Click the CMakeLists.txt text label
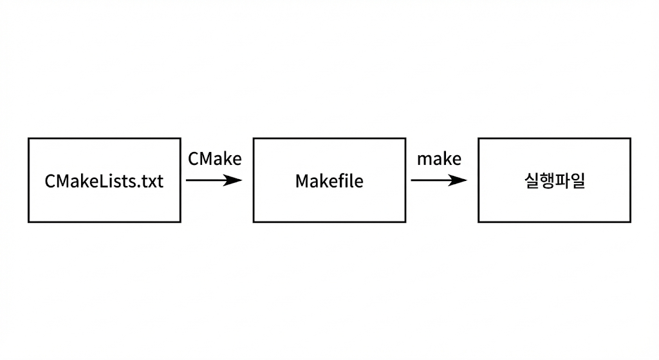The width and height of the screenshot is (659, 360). pyautogui.click(x=104, y=181)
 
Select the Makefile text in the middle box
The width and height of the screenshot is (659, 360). pyautogui.click(x=329, y=181)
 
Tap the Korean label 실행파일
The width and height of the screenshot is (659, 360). pyautogui.click(x=554, y=181)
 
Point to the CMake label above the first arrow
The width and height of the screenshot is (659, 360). pyautogui.click(x=215, y=159)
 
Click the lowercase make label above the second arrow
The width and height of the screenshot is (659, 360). pyautogui.click(x=439, y=159)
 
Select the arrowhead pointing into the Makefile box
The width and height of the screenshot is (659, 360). pyautogui.click(x=233, y=180)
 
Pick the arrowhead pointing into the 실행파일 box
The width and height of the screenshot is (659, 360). pyautogui.click(x=458, y=180)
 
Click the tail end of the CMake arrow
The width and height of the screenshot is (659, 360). pyautogui.click(x=186, y=180)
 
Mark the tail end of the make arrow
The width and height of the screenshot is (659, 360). pyautogui.click(x=411, y=180)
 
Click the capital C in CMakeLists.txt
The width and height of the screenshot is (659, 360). pyautogui.click(x=50, y=181)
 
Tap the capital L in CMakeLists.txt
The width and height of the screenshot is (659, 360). pyautogui.click(x=107, y=181)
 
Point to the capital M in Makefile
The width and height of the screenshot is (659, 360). pyautogui.click(x=302, y=181)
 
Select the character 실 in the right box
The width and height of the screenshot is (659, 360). pyautogui.click(x=532, y=181)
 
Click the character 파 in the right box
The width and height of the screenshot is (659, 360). pyautogui.click(x=562, y=181)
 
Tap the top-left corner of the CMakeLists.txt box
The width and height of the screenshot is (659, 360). pyautogui.click(x=28, y=138)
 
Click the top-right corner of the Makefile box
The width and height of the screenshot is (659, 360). pyautogui.click(x=405, y=138)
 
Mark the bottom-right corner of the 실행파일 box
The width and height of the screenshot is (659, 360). pyautogui.click(x=631, y=222)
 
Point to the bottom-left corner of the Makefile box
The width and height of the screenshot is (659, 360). pyautogui.click(x=254, y=222)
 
